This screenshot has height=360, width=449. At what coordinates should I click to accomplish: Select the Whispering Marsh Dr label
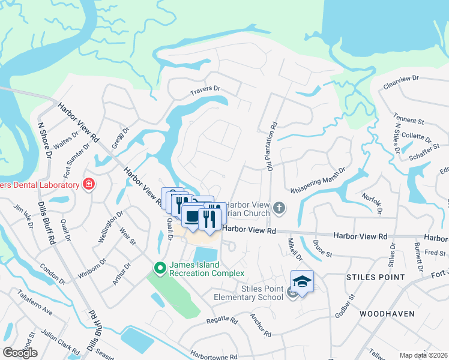318,181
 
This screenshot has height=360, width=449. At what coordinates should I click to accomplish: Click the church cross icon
279,208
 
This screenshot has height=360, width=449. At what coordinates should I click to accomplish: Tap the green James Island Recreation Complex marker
160,268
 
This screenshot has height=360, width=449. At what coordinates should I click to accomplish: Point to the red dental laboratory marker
89,184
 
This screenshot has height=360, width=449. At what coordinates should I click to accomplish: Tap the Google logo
20,353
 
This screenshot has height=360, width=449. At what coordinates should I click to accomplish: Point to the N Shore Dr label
45,142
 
